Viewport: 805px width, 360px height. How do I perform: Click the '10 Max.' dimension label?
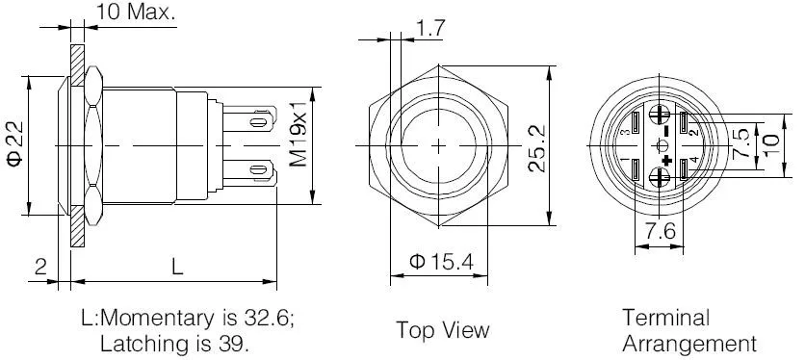[136, 12]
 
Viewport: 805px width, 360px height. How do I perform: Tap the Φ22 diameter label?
[15, 144]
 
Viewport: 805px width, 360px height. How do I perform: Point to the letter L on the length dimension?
[177, 267]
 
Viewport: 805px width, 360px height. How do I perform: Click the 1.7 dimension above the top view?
[430, 28]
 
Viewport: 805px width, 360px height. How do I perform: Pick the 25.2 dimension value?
[536, 148]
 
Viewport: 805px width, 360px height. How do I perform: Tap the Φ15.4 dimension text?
[440, 262]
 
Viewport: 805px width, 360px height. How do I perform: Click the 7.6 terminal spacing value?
[661, 231]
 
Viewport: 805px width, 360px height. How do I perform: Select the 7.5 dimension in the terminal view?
[740, 143]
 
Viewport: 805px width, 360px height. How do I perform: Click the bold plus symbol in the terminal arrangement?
[667, 160]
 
